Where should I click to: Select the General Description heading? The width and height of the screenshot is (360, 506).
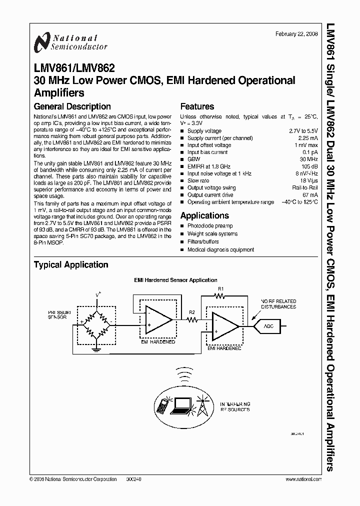(x=72, y=106)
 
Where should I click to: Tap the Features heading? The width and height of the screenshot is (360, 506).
(x=197, y=106)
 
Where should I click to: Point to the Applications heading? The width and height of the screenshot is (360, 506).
(x=204, y=215)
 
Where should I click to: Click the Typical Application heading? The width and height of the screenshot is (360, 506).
(x=70, y=265)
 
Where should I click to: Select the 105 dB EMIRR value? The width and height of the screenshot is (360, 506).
(x=309, y=166)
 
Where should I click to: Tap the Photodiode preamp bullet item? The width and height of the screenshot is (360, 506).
(x=210, y=226)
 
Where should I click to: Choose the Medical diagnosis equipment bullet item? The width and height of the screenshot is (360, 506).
(x=220, y=249)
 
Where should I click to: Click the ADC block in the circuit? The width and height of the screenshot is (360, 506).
(x=268, y=326)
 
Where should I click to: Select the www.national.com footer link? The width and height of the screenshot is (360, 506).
(x=303, y=479)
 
